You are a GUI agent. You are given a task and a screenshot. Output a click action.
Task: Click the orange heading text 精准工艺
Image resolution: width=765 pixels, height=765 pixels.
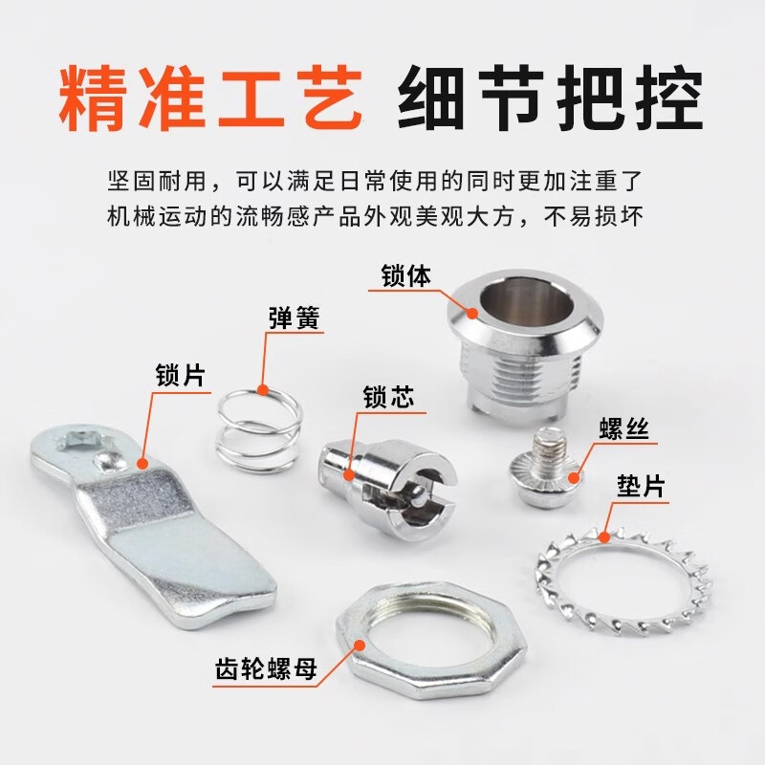point(210,99)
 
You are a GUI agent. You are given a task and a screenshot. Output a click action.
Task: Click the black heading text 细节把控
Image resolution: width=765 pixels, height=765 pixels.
point(551,99)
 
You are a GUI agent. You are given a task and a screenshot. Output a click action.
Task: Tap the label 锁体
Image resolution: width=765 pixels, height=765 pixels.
point(406,275)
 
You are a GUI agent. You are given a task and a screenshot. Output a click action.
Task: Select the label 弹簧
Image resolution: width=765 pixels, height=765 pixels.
point(295,318)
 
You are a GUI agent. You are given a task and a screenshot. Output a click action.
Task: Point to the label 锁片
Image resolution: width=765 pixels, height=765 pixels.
point(181,376)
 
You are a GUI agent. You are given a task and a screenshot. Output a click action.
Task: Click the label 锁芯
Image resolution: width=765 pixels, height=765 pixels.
point(388,396)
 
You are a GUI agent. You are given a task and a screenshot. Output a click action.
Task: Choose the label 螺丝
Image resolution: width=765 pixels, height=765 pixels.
point(624,428)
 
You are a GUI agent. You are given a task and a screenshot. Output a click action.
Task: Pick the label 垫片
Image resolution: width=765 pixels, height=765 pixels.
point(641,486)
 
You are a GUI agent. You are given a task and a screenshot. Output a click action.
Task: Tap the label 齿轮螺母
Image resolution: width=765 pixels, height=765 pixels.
point(266,668)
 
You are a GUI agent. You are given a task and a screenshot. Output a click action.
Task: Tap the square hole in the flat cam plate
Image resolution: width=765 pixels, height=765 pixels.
point(84,440)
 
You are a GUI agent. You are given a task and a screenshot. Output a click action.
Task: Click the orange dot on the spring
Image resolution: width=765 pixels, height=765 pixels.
point(263,389)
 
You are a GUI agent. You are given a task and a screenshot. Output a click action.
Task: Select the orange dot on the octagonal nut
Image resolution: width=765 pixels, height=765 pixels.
point(360,645)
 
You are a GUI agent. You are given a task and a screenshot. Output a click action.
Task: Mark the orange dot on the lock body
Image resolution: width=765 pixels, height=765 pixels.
point(471,313)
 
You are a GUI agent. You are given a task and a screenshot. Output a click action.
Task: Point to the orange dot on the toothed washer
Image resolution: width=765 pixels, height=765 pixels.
point(604,537)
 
